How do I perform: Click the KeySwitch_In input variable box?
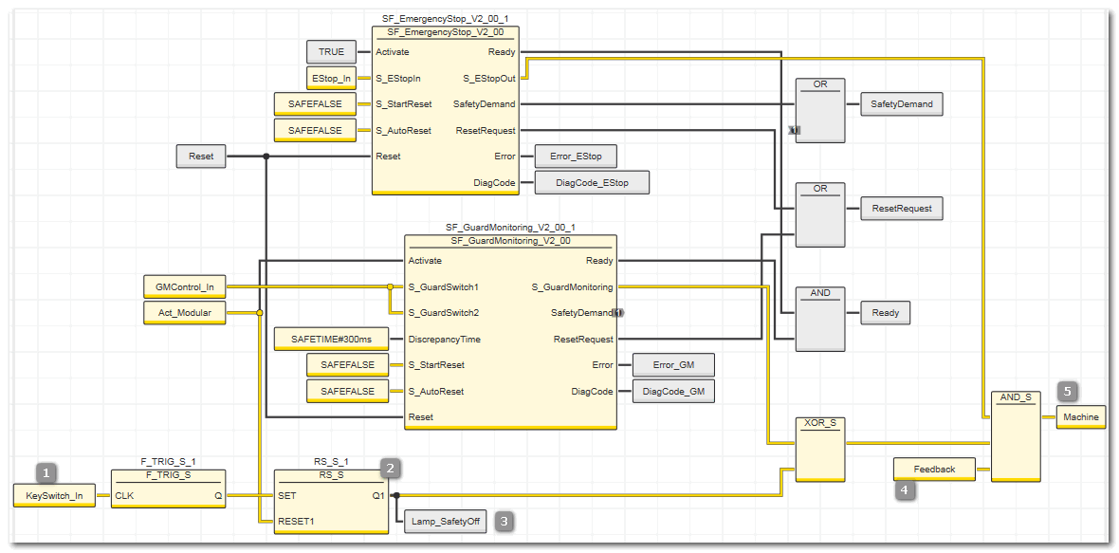[54, 495]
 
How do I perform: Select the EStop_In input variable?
[331, 78]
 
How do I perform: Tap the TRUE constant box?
[331, 52]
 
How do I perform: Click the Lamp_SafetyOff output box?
[446, 522]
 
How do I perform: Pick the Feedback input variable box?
[934, 470]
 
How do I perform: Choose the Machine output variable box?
[1080, 416]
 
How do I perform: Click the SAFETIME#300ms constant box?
[331, 339]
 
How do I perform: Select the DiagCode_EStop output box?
[592, 183]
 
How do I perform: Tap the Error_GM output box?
[673, 364]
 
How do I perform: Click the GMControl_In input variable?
[185, 286]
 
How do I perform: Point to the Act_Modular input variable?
[185, 312]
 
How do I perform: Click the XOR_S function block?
[820, 450]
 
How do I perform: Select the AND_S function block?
[1016, 436]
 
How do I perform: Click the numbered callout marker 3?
[504, 521]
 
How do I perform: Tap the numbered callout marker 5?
[1068, 391]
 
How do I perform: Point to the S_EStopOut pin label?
[489, 78]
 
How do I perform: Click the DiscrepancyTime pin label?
[445, 339]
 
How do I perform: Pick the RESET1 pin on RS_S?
[296, 522]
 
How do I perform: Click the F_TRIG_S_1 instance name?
[169, 462]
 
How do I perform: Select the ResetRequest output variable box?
[901, 209]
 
